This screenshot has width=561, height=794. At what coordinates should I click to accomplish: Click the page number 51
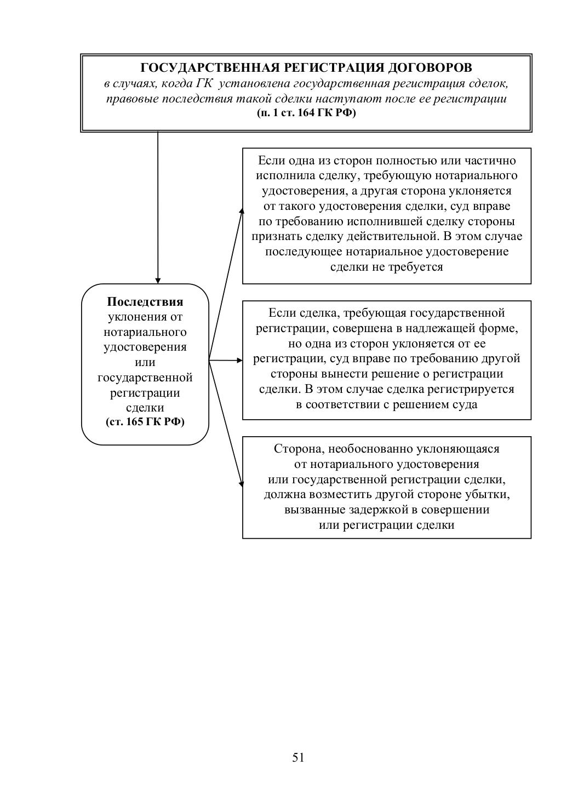tap(299, 757)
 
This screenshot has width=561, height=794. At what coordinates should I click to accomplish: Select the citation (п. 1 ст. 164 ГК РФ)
tap(306, 113)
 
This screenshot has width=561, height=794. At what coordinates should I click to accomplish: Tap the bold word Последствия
tap(145, 302)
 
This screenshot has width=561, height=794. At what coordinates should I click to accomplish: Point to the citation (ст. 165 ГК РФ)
tap(145, 422)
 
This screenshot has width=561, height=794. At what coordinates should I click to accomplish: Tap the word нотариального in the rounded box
tap(145, 332)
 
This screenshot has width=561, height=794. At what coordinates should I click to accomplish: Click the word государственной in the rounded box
tap(145, 378)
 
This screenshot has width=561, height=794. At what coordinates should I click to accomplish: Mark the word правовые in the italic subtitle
tap(129, 99)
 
